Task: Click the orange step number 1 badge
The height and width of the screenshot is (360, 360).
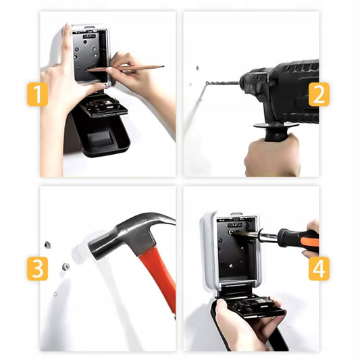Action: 37,95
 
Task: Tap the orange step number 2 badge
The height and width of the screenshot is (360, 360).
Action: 319,95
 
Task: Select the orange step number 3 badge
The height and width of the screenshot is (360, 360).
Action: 37,269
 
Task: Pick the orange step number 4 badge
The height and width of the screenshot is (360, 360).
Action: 319,269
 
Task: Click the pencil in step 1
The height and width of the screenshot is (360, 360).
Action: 126,68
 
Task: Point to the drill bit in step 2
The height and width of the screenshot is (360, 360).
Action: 222,82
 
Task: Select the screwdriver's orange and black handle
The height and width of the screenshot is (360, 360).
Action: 299,238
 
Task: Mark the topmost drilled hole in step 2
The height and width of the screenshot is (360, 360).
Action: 197,68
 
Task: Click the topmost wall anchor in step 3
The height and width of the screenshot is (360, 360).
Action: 47,245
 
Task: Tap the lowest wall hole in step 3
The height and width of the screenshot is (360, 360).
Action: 55,294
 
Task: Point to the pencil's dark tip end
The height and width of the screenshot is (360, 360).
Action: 163,67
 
